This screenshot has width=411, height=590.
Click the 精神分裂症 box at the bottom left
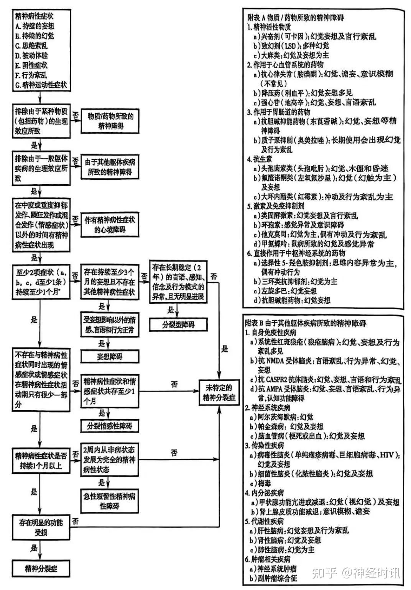coord(41,569)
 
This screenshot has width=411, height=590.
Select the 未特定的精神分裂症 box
coord(219,393)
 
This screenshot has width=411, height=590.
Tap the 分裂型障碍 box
coord(178,324)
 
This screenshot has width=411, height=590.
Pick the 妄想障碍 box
coord(109,356)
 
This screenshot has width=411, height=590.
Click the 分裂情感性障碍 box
coord(109,426)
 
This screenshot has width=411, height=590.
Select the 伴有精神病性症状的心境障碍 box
coord(110,225)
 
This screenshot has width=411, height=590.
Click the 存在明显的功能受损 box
coord(41,527)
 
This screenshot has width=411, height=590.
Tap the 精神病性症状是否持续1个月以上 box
coord(41,461)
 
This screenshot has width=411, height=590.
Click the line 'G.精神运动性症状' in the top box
coord(41,85)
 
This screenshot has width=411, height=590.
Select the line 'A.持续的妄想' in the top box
coord(35,26)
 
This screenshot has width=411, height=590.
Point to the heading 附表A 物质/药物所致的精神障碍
coord(295,18)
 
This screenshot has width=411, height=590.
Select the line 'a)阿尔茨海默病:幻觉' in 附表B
coord(282,417)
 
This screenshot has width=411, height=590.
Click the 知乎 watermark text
coord(325,573)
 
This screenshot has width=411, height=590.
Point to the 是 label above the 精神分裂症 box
coord(34,548)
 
